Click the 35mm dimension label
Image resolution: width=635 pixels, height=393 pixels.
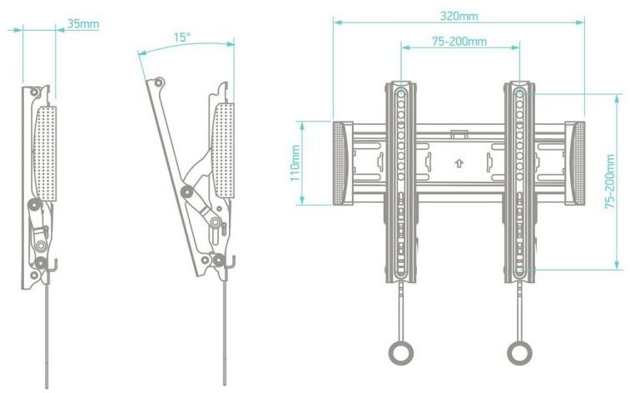click(x=82, y=23)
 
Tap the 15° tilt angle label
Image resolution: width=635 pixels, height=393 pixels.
click(x=181, y=37)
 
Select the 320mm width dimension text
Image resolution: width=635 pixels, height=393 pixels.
click(x=459, y=15)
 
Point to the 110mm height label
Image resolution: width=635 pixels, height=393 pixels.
click(x=295, y=164)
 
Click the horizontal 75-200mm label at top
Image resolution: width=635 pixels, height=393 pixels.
click(x=459, y=41)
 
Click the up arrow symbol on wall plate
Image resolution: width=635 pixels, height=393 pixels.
click(x=459, y=163)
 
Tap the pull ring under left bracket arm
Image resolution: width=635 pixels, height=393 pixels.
click(x=402, y=353)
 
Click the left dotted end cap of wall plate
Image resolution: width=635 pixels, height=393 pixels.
click(x=342, y=163)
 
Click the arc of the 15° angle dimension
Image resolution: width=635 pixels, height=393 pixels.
click(x=183, y=47)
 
